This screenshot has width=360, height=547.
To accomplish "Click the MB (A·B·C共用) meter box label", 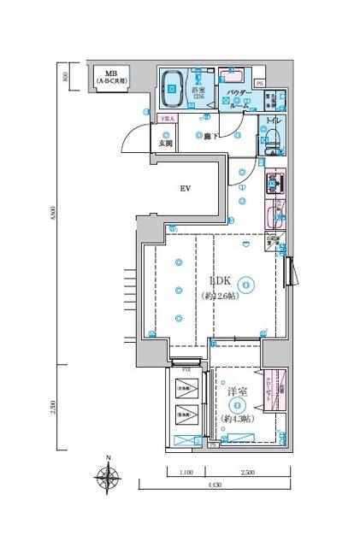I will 111,77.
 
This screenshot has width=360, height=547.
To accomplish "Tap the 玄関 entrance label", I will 165,144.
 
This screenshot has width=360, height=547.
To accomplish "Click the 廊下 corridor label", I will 204,135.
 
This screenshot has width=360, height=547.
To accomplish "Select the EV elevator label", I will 184,189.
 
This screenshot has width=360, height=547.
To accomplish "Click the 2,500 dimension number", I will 250,472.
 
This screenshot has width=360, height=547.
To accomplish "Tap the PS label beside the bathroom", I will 259,83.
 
